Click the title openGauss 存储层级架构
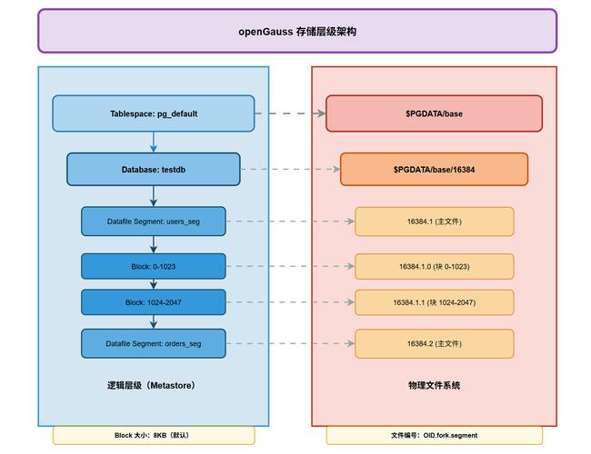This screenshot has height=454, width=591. [x=296, y=31]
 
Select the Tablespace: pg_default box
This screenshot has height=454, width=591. [x=153, y=113]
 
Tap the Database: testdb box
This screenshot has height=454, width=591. [x=153, y=170]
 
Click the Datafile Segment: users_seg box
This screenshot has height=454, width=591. [x=153, y=222]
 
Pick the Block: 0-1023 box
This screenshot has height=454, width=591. [x=153, y=266]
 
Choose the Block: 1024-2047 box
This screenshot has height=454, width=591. [x=153, y=302]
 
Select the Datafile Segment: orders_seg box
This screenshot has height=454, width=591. [x=153, y=343]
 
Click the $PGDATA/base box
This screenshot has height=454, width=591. [x=434, y=113]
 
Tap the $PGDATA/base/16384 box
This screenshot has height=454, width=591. [x=434, y=170]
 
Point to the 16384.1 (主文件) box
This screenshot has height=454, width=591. [x=434, y=222]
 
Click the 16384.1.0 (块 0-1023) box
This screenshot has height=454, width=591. [x=434, y=266]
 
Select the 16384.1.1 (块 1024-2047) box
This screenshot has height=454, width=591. [x=434, y=302]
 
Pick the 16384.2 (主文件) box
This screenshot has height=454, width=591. [x=434, y=343]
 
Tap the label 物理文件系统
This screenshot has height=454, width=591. [x=434, y=385]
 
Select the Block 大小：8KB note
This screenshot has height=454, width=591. [x=153, y=435]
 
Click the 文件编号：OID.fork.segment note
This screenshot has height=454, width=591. [x=434, y=435]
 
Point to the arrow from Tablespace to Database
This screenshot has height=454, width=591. [x=153, y=142]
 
